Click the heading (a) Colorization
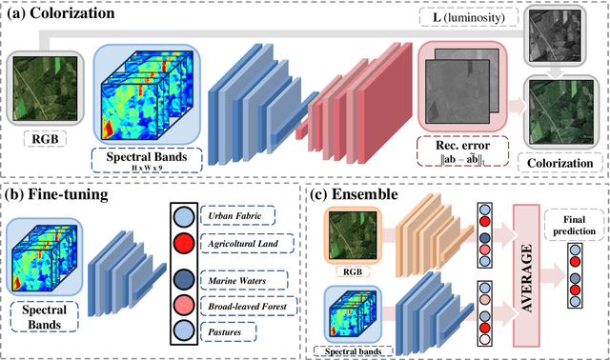pos(65,13)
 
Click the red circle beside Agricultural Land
pos(180,245)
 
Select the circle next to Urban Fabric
pos(180,215)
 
